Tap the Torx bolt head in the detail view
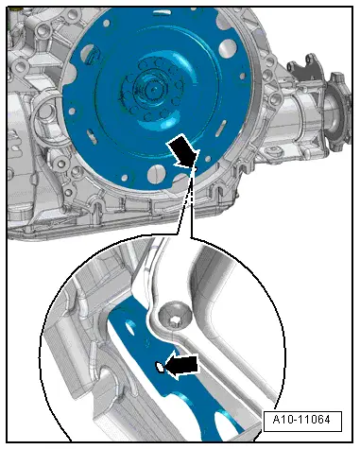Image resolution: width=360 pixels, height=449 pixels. [x=174, y=313]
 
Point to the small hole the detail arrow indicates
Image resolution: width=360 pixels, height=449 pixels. [x=163, y=368]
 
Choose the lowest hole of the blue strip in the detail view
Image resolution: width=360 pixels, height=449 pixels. [x=199, y=416]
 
